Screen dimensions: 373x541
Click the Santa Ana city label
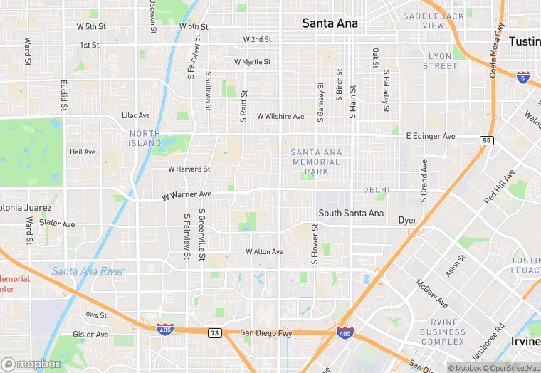point(330,23)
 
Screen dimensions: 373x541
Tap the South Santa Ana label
point(351,213)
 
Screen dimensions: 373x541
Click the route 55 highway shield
point(486,140)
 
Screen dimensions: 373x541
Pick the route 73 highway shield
point(214,332)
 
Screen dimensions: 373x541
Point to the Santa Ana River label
point(88,271)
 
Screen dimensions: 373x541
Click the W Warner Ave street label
point(187,194)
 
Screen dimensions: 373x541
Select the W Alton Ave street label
point(264,252)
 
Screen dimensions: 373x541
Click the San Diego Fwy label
point(266,332)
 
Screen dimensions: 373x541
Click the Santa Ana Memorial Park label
point(317,162)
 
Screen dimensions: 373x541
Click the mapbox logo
point(31,363)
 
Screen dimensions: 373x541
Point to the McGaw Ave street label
point(431,293)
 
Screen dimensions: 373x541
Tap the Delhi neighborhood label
point(376,190)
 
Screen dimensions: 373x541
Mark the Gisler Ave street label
point(90,334)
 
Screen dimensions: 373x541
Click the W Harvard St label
point(189,169)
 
